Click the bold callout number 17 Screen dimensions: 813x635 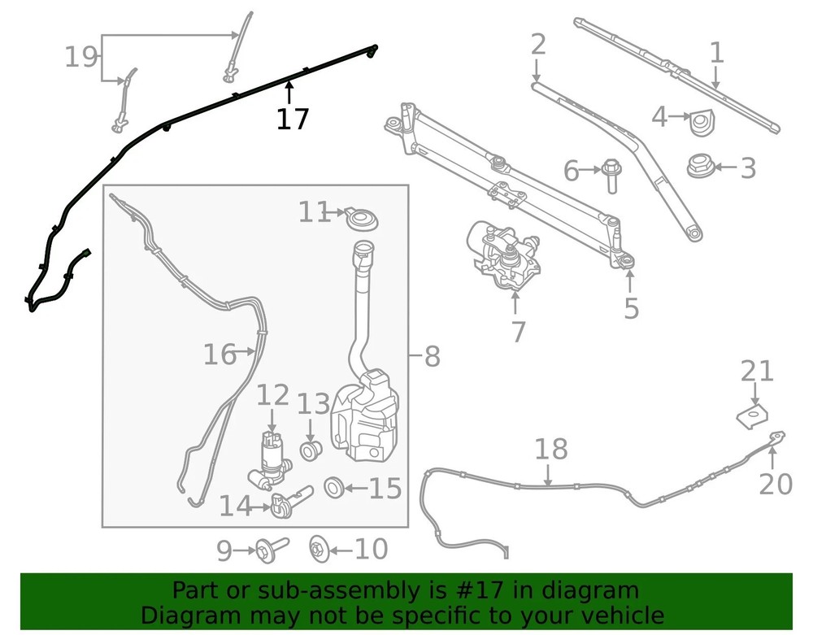293,119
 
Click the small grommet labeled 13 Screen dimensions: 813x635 311,450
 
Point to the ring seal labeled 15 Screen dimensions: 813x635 333,487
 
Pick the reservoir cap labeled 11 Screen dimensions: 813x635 362,219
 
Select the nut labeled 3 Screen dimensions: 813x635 701,166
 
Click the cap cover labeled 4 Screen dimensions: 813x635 701,124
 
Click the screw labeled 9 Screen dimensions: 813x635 272,548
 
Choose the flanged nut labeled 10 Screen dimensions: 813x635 318,549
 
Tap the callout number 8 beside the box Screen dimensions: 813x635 432,357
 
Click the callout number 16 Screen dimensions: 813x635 220,354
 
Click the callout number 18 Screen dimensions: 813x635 550,449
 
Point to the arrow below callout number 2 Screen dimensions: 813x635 537,70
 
